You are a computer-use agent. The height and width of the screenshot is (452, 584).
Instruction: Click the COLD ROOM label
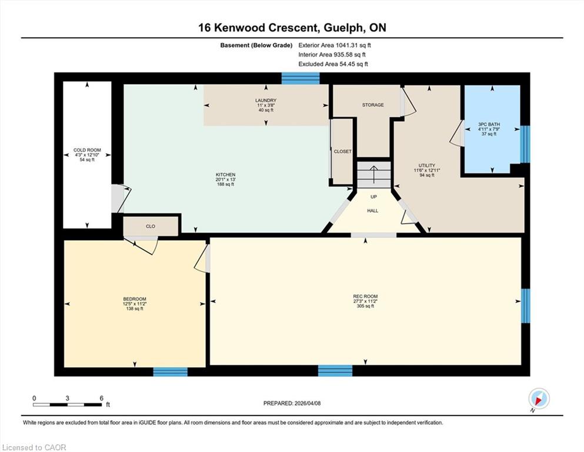tap(87, 150)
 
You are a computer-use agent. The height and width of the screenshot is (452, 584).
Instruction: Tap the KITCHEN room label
tap(226, 175)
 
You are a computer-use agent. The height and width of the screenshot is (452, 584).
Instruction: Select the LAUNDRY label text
tap(266, 100)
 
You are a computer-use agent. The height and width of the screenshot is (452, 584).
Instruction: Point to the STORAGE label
tap(373, 105)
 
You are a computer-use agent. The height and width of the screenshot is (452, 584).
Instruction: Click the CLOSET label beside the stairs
tap(343, 152)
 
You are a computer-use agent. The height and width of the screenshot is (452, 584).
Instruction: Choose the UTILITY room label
tap(427, 165)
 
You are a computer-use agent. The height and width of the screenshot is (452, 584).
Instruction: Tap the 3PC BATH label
tap(489, 124)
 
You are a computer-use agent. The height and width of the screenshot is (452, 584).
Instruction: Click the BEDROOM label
tap(135, 299)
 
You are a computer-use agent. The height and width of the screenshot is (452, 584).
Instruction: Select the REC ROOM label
tap(365, 296)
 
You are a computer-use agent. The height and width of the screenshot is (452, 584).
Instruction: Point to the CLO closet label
tap(151, 227)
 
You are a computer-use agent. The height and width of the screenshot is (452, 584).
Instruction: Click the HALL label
tap(373, 211)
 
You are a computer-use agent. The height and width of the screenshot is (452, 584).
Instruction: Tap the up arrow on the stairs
tap(373, 174)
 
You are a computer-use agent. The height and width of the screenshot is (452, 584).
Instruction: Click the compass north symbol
tap(539, 398)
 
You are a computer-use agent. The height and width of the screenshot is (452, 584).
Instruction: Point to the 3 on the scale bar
tap(68, 398)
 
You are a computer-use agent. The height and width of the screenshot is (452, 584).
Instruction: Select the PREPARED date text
tap(292, 403)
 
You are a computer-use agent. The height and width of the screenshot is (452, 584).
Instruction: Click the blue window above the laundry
tap(301, 78)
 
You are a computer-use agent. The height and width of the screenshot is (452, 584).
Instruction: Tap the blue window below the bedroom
tap(171, 371)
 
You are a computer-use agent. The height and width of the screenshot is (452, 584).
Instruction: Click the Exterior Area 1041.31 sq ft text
tap(335, 45)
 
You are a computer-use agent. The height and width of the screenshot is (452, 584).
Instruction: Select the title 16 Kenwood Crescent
tap(258, 28)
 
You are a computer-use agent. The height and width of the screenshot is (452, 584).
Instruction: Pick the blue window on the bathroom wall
tap(525, 144)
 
